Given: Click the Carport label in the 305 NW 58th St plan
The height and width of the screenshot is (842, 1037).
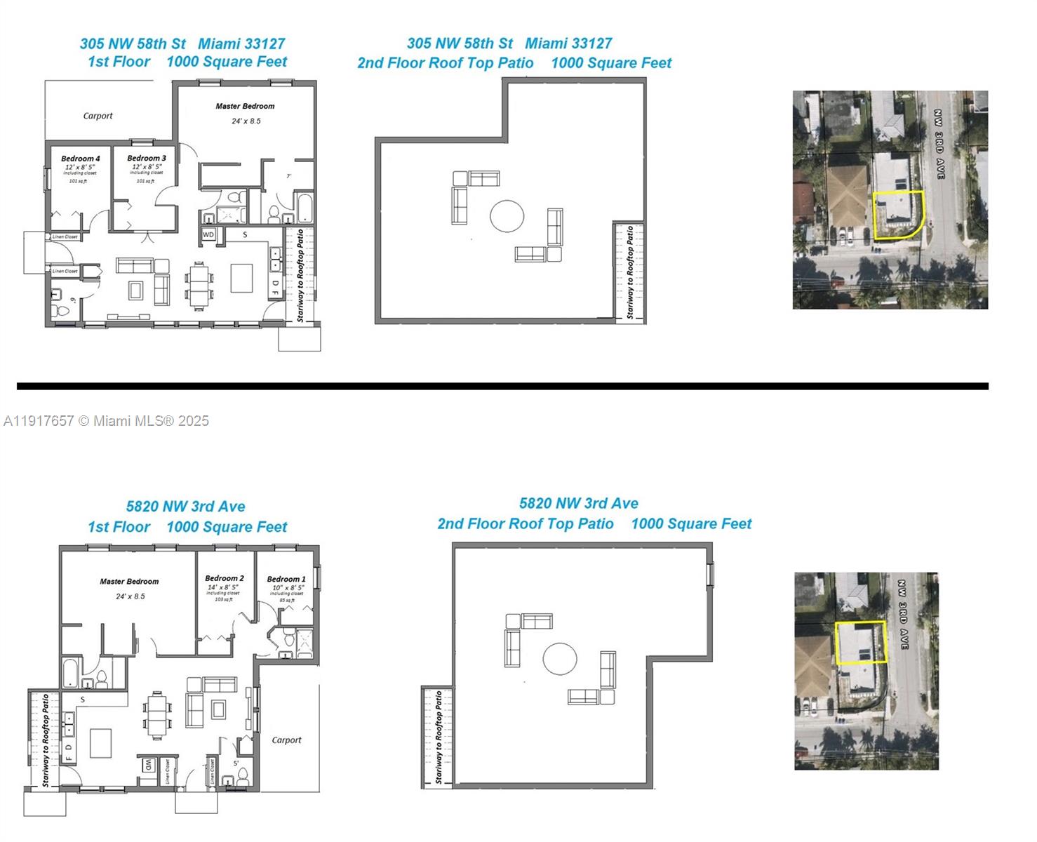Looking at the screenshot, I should point(98,116).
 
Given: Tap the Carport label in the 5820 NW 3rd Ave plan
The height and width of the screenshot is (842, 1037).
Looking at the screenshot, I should point(286,740).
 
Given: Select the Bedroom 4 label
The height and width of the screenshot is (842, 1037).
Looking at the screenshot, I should point(80,159).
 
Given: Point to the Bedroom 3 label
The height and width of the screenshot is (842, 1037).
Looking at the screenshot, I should point(147,158).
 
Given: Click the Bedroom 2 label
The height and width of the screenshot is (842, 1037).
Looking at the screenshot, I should point(225,578).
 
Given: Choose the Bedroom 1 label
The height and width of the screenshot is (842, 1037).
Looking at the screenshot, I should point(286,579).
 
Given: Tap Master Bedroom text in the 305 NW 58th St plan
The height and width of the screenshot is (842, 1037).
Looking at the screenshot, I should point(245,106).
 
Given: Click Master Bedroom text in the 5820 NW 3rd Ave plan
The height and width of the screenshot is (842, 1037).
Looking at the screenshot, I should point(129,581).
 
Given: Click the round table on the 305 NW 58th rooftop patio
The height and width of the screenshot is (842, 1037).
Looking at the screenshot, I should point(507,216).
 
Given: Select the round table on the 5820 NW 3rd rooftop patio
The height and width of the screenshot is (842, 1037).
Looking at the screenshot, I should point(560,659).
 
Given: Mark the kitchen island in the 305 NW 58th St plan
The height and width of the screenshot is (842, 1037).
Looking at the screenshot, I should point(242,277).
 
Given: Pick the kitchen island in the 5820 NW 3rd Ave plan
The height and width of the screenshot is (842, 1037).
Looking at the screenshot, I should point(101,743).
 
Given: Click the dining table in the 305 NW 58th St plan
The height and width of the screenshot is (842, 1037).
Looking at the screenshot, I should point(200,285).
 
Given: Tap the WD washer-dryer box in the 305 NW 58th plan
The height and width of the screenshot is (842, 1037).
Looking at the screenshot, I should point(208,234).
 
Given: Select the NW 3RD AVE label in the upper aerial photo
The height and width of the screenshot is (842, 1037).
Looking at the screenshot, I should point(939,144).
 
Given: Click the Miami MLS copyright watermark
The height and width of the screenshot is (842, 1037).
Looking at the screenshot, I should point(106,421).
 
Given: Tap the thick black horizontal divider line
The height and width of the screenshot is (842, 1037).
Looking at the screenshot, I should point(502,386).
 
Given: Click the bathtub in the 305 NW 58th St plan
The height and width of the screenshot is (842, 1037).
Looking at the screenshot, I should point(305,208).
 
